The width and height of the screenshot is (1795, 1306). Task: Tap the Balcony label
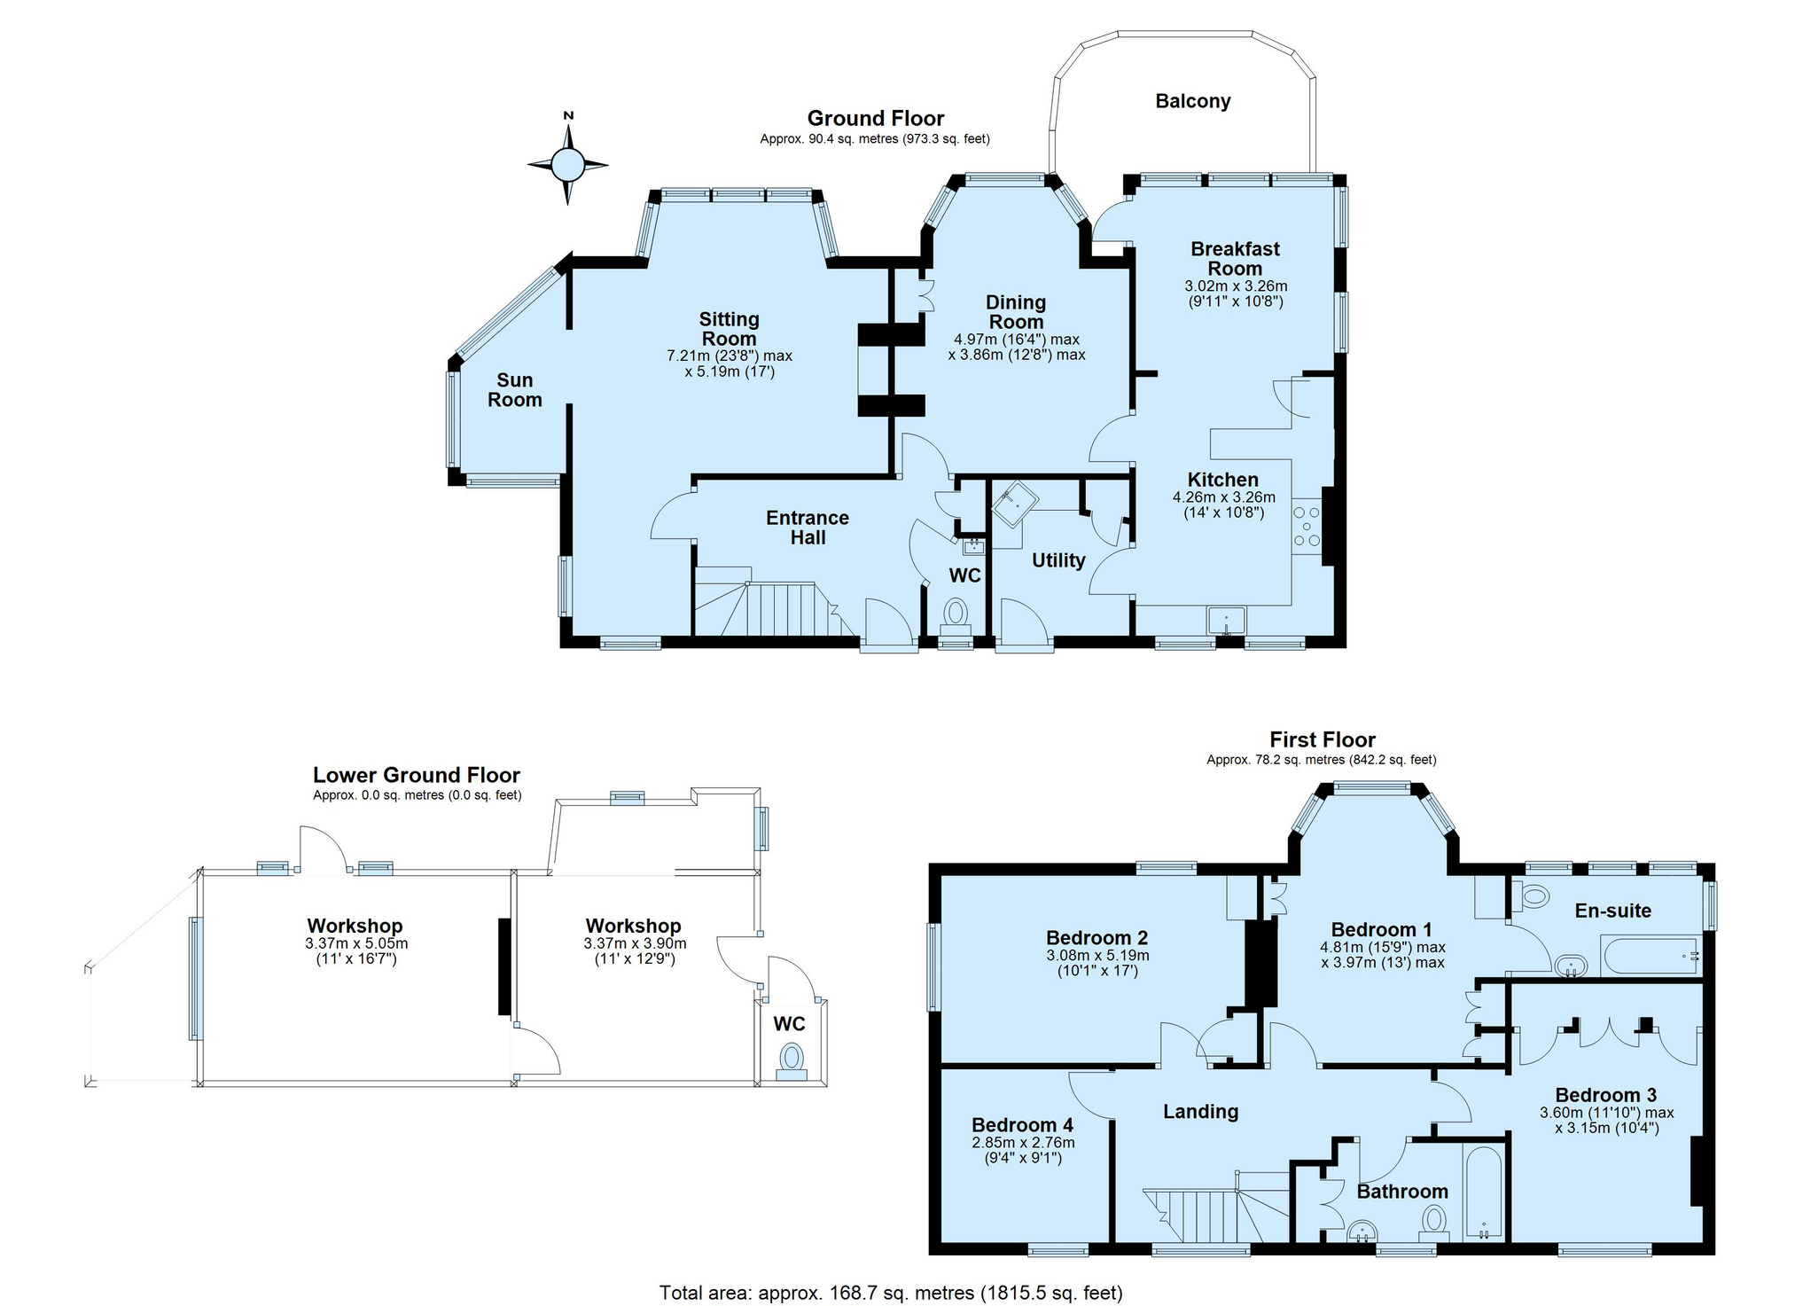coord(1192,101)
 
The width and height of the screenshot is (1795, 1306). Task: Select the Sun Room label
coord(514,390)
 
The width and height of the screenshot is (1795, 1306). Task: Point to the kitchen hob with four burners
coord(1307,527)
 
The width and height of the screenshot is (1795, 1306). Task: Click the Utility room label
coord(1058,560)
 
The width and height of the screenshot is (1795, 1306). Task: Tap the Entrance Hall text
coord(808,528)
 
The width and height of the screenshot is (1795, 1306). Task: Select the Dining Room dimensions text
coord(1017,347)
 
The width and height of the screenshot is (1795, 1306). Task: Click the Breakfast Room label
coord(1236,259)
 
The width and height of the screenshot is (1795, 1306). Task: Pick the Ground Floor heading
coord(876,118)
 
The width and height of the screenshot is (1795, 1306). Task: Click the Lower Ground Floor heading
coord(417,775)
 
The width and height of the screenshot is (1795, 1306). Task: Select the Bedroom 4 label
coord(1022,1125)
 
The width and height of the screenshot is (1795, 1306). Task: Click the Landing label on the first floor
coord(1200,1112)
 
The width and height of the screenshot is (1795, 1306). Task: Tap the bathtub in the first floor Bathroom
coord(1484,1193)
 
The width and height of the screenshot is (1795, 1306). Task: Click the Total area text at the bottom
coord(891,1293)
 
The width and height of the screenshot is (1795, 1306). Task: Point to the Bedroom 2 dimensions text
coord(1097,963)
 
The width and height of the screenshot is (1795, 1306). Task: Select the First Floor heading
coord(1323,739)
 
